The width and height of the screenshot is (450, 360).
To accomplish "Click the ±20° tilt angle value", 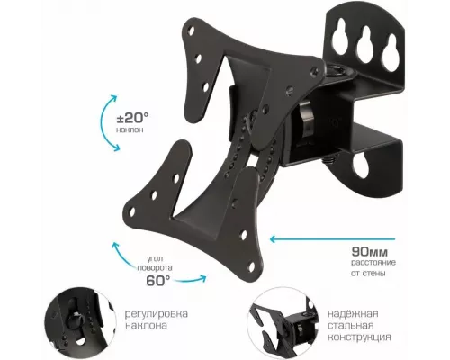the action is (132, 118).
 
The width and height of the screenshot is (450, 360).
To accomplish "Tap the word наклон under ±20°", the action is (130, 130).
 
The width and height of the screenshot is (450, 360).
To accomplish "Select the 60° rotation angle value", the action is (158, 281).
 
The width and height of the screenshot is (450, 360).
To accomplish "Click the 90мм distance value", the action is (370, 251).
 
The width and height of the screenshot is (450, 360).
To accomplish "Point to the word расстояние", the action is (373, 263).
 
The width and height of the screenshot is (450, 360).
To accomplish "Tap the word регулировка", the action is (157, 314).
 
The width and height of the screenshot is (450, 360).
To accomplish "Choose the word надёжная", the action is (353, 314).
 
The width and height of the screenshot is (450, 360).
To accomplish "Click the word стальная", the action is (350, 326).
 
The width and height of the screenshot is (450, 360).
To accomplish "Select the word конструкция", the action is (359, 337).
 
